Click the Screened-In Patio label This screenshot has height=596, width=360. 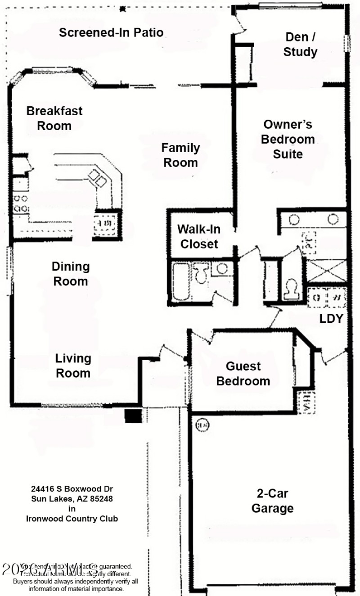coord(111,33)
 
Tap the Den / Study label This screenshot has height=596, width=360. coord(300,45)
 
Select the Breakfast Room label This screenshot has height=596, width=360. coord(54,118)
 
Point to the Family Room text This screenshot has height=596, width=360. coord(180,155)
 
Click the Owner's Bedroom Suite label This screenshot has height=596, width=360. coord(288,139)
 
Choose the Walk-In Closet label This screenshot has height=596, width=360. coord(198,236)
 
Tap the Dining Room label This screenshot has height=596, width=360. coord(71,274)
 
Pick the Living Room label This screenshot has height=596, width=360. coord(73,366)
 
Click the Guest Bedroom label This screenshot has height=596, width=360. coord(243,374)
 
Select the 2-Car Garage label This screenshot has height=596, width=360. coord(272,501)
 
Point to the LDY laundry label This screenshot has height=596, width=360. coord(331,319)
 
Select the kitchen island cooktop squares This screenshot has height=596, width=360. coord(98,178)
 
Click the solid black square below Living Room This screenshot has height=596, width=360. coord(133,416)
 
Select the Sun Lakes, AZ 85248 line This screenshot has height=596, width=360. coord(72,498)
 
